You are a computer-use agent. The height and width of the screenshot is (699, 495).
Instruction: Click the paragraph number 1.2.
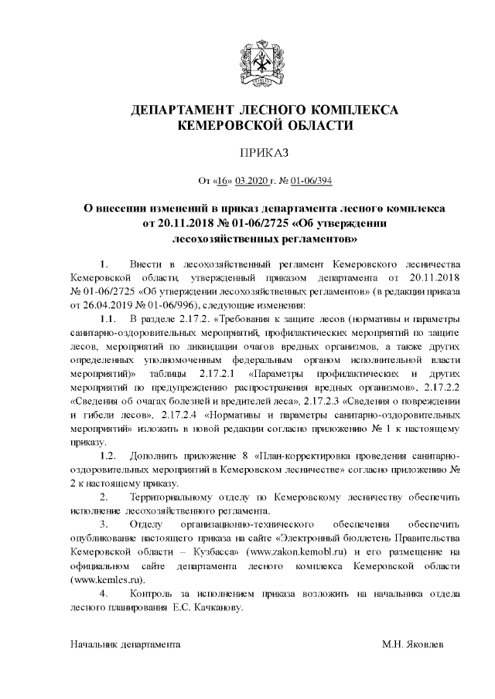tap(108, 457)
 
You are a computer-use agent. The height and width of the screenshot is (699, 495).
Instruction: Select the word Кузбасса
tap(213, 553)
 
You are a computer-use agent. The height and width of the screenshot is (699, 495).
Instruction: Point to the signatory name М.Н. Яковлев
tap(413, 643)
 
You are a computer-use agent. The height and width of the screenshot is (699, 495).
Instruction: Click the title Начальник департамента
tap(125, 643)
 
